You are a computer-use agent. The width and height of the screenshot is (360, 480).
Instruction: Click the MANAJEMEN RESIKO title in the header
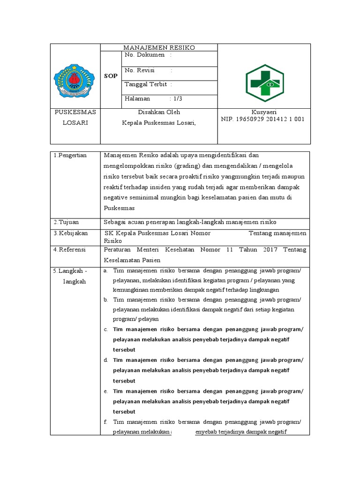[158, 47]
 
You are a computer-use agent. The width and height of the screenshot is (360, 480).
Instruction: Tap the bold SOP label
[111, 75]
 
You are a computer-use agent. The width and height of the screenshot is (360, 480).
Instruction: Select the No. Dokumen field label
[145, 55]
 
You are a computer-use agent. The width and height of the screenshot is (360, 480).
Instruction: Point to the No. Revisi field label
[140, 70]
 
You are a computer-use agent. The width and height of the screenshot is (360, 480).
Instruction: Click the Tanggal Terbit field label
[145, 84]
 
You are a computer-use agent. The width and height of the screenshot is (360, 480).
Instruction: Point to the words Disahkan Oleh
[159, 112]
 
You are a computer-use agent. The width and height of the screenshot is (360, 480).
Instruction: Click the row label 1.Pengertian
[70, 155]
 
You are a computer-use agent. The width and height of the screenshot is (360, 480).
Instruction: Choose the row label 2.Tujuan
[66, 222]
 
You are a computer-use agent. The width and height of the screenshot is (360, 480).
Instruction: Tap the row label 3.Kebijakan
[70, 233]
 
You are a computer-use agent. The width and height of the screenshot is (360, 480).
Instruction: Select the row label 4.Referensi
[69, 250]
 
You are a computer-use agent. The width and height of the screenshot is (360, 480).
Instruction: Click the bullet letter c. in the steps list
[106, 330]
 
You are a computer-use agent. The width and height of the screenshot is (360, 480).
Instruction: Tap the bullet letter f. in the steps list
[106, 422]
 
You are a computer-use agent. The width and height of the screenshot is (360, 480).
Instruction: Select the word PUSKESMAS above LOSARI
[75, 112]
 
